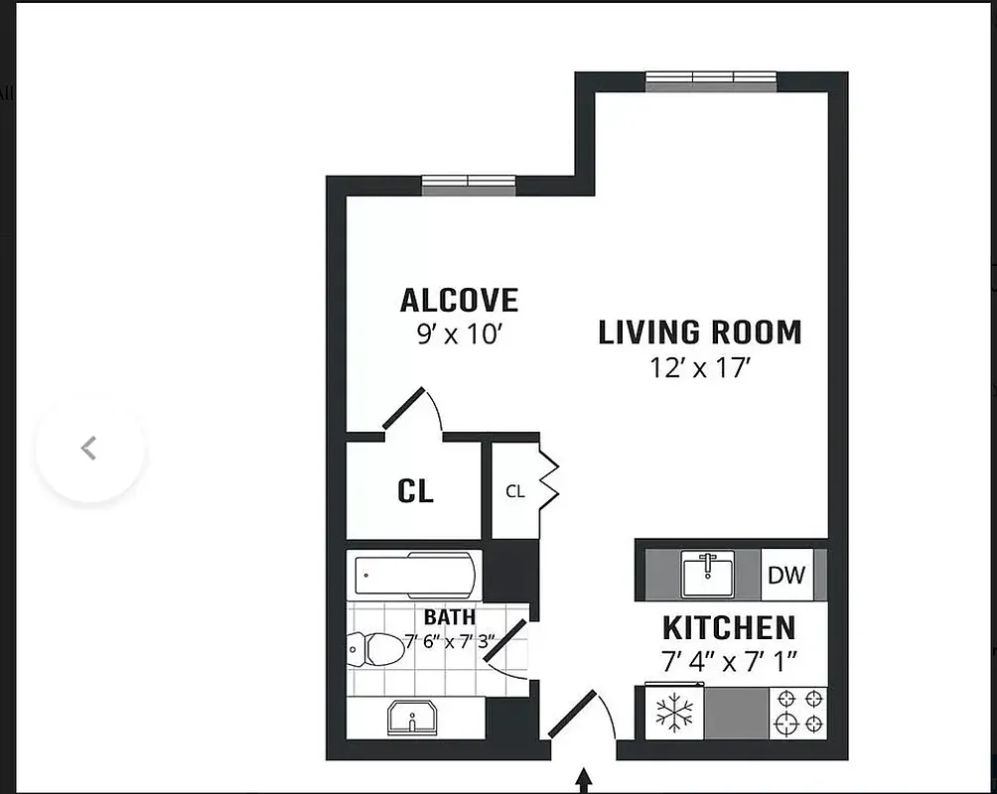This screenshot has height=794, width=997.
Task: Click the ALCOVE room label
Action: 459,300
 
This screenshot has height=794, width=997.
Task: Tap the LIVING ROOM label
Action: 699,332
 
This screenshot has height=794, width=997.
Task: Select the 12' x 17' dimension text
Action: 698,368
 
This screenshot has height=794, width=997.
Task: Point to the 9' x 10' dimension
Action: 459,333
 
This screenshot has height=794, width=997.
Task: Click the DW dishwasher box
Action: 786,575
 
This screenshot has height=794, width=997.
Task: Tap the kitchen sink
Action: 708,574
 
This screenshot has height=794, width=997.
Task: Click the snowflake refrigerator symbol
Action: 674,713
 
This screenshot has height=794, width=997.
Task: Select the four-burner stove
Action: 797,713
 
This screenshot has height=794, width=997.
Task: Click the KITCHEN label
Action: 728,628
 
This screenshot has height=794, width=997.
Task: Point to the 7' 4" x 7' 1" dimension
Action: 728,660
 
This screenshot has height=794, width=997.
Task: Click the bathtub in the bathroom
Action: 416,575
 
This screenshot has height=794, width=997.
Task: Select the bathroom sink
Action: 411,716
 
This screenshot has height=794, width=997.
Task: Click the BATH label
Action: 449,617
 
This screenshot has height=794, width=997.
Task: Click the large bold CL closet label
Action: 415,491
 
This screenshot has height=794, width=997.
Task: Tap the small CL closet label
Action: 514,491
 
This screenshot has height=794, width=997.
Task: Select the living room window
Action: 710,81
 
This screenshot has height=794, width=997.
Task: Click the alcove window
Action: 468,185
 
